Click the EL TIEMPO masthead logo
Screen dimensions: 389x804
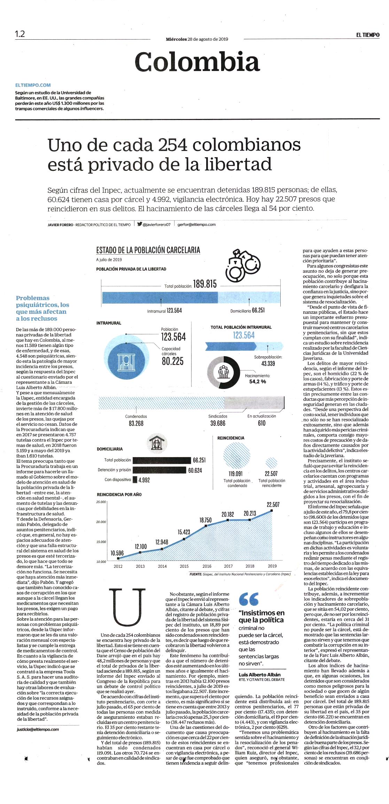(367, 35)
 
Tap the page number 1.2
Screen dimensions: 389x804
(20, 34)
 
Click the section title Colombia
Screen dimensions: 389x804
(197, 62)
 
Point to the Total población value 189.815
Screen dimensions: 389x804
(205, 284)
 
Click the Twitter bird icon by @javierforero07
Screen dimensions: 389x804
(140, 224)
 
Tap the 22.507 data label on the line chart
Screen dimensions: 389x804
(273, 504)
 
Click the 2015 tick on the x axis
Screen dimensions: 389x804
(184, 566)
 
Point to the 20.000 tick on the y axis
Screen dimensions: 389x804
(101, 522)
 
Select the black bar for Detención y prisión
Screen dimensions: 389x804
(160, 470)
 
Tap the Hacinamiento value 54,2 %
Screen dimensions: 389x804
(257, 382)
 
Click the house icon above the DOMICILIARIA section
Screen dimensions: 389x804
(156, 444)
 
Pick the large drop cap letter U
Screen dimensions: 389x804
(127, 607)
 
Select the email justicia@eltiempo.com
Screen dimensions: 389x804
(38, 729)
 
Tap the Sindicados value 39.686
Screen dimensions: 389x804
(218, 423)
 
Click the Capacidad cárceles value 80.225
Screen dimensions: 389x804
(173, 361)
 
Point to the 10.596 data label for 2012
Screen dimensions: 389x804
(117, 553)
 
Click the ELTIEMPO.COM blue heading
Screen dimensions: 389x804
(33, 85)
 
